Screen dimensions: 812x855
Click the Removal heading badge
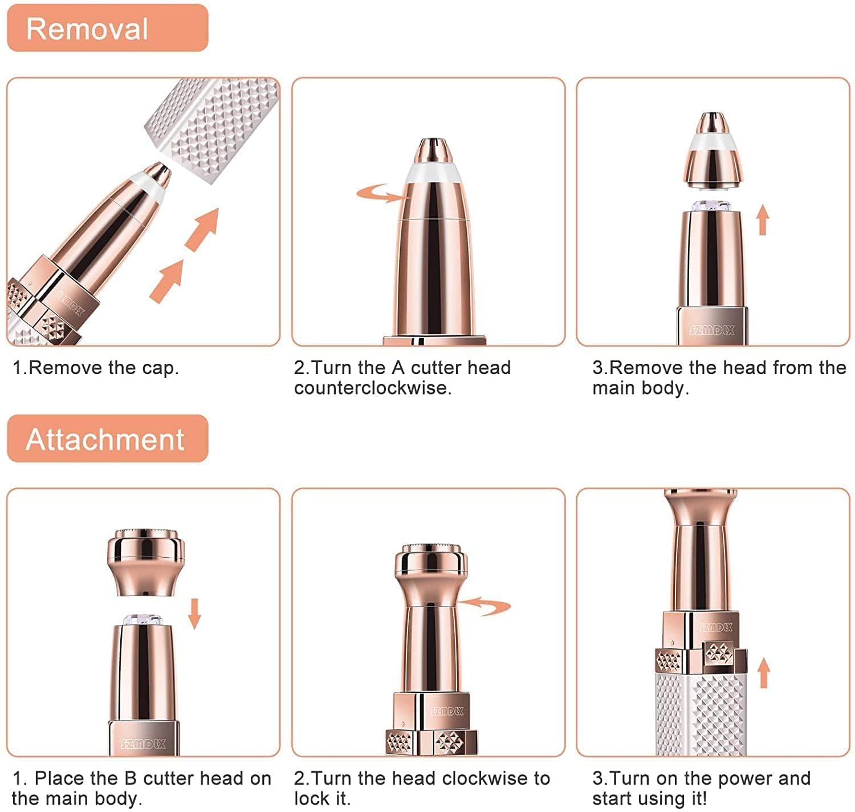coord(107,29)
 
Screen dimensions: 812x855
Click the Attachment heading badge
coord(107,439)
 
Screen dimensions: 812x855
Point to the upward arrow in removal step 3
coord(763,221)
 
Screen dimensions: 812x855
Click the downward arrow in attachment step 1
coord(195,613)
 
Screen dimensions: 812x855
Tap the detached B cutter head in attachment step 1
coord(146,562)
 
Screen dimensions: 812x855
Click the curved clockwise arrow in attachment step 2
coord(484,606)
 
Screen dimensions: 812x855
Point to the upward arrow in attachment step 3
coord(764,673)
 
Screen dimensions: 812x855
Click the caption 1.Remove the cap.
coord(96,368)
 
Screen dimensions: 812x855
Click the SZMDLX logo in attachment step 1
coord(144,744)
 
